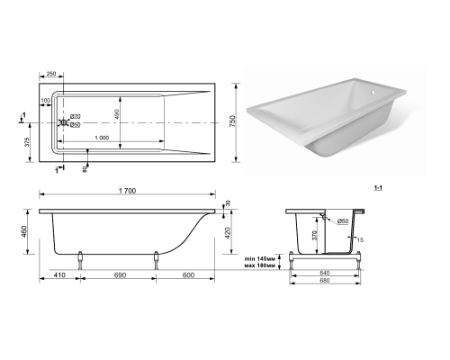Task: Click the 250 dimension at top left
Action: (x=51, y=74)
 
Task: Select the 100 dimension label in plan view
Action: (x=46, y=101)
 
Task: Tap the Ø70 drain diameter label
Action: (x=75, y=116)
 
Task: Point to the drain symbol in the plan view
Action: (x=64, y=122)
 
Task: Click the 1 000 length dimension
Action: (x=102, y=138)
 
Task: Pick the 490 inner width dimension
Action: (x=117, y=114)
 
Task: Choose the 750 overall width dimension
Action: (x=233, y=121)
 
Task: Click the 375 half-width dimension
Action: (x=27, y=142)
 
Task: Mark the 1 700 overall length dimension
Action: (x=127, y=191)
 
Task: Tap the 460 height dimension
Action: (x=24, y=231)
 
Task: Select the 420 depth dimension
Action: (x=228, y=233)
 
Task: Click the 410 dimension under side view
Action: (x=59, y=275)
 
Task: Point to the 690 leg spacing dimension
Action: (x=120, y=275)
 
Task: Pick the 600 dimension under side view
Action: (x=188, y=275)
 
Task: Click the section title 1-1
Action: (x=378, y=188)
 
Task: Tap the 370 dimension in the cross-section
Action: (x=315, y=236)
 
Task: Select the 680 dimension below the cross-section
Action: (x=325, y=280)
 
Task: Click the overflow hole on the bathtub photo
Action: (x=372, y=92)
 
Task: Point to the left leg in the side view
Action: (x=80, y=260)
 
